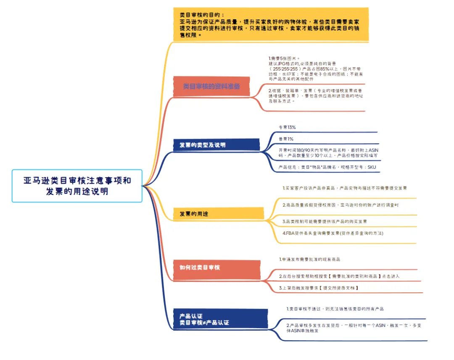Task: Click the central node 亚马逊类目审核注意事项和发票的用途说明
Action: click(77, 186)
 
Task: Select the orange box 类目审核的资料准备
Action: click(211, 86)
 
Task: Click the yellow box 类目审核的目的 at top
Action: click(271, 24)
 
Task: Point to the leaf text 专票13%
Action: click(287, 127)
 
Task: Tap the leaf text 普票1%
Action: click(286, 139)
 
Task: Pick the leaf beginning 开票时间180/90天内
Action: click(328, 152)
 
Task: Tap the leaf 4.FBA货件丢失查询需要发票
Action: click(333, 233)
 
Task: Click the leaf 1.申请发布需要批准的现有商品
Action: click(310, 260)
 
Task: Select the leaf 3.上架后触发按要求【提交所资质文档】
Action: click(319, 288)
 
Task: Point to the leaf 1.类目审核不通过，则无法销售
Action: click(335, 309)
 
